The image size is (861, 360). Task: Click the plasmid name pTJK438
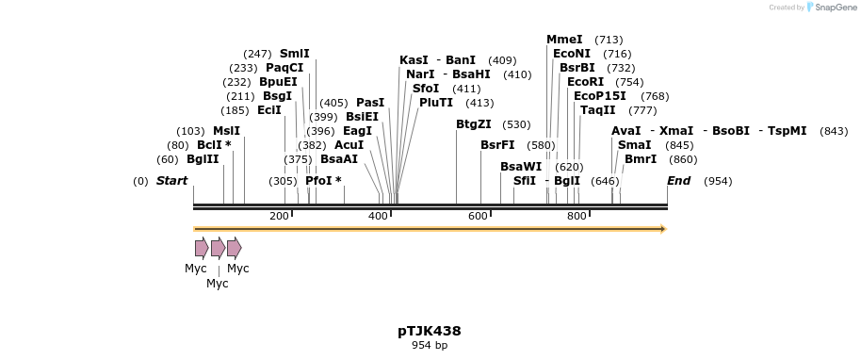pos(429,331)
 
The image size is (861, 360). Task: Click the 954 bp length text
pos(429,346)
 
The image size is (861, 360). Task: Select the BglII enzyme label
pos(203,158)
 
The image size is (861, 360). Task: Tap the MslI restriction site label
pos(226,131)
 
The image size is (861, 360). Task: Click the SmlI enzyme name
pos(294,54)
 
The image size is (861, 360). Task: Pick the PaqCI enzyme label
pos(284,68)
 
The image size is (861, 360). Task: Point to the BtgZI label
pos(474,123)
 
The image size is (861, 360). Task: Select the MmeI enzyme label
pos(564,40)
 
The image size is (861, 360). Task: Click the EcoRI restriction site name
pos(585,82)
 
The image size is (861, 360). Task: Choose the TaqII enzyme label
pos(598,109)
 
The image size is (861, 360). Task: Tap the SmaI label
pos(634,144)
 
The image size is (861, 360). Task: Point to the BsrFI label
pos(497,145)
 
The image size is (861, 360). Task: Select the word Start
pos(171,180)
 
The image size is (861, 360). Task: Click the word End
pos(678,180)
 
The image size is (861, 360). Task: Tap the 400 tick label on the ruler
pos(379,217)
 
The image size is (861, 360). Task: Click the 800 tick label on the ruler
pos(577,217)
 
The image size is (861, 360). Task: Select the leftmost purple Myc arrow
pos(202,248)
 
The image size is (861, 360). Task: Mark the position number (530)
pos(516,124)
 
